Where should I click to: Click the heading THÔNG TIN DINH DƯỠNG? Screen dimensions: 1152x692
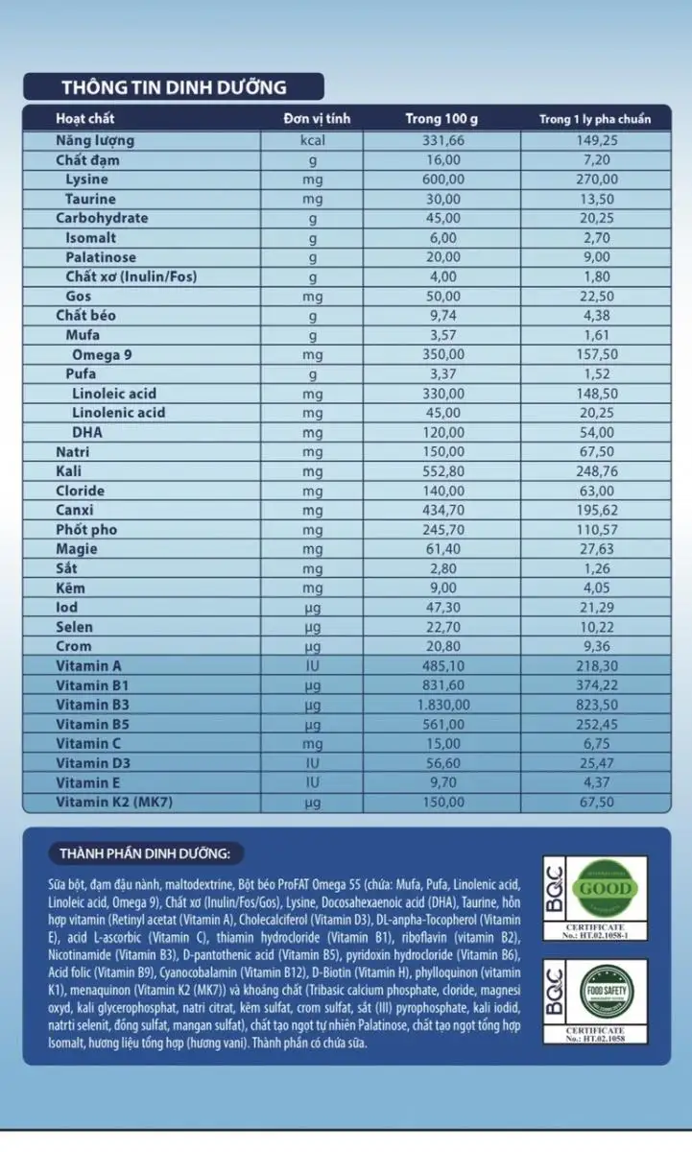pos(174,87)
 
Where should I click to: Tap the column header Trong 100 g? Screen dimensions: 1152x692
pos(441,119)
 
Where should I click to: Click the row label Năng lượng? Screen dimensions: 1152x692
pos(94,140)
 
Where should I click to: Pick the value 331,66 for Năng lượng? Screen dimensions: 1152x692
pos(441,140)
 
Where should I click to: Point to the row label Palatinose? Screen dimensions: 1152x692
pos(101,257)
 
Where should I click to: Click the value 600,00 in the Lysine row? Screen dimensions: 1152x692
pos(441,180)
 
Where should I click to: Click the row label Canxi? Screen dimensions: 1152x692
pos(75,510)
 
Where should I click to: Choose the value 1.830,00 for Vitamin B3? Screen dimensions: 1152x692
pos(441,705)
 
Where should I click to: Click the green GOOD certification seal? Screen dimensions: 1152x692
pos(602,887)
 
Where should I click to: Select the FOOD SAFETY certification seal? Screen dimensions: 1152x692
pos(602,991)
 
